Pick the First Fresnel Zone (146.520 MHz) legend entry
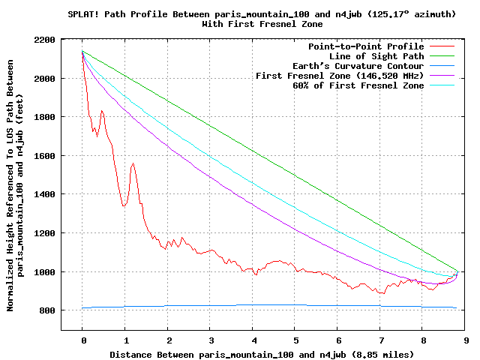(x=340, y=76)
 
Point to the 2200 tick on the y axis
(x=44, y=40)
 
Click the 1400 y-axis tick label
(x=44, y=194)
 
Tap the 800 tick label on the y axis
(x=47, y=310)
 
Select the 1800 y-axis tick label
(x=44, y=117)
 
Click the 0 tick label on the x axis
(x=83, y=340)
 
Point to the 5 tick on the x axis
(x=296, y=340)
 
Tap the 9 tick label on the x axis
(x=466, y=340)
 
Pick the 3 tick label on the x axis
(x=211, y=340)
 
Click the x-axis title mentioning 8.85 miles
(x=262, y=353)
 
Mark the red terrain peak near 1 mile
(x=133, y=163)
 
